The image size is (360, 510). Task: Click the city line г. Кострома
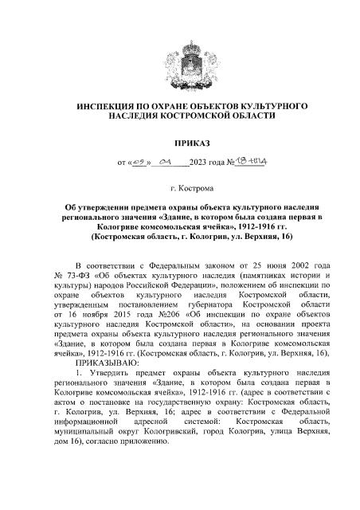[180, 192]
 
